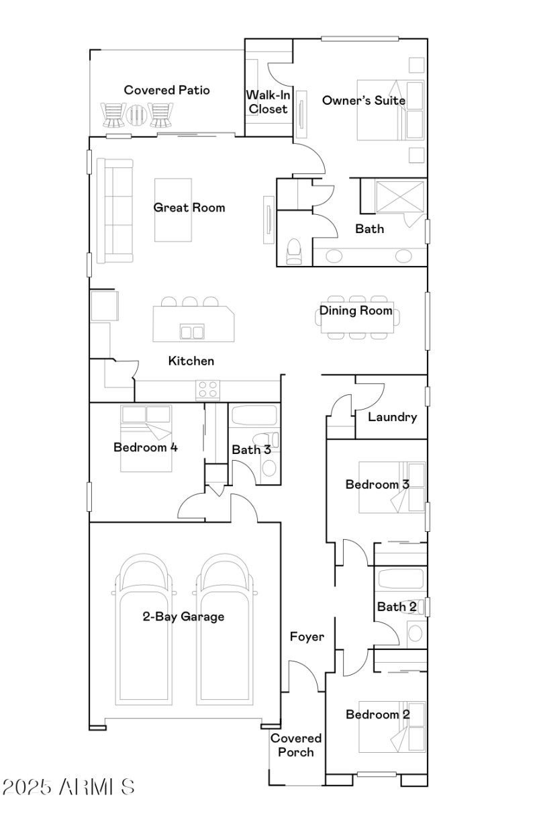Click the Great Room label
click(189, 208)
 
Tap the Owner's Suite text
click(363, 101)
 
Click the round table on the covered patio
click(137, 115)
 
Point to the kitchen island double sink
click(192, 331)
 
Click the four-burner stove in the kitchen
click(207, 390)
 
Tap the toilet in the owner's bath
click(294, 251)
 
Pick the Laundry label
click(393, 417)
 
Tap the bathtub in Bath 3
click(253, 416)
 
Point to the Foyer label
click(307, 637)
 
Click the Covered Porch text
click(296, 745)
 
